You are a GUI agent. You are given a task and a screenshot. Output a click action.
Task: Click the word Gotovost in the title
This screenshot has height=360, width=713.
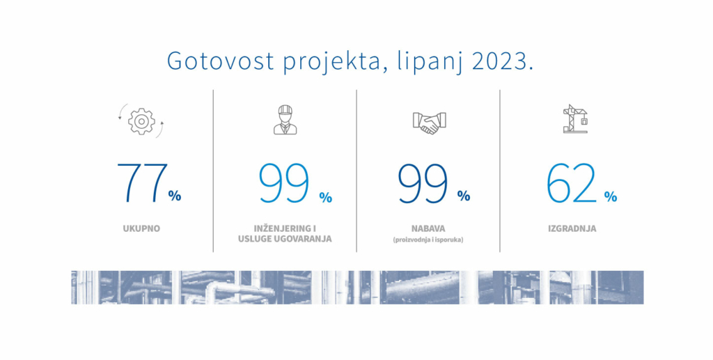(x=221, y=61)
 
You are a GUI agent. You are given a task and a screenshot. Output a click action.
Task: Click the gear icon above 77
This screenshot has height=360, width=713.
(x=141, y=121)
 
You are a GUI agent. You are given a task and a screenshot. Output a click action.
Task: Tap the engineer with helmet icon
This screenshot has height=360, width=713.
(x=285, y=120)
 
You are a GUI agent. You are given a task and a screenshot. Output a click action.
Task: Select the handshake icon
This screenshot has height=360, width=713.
(x=429, y=123)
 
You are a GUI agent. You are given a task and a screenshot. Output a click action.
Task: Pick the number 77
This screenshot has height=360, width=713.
(x=142, y=182)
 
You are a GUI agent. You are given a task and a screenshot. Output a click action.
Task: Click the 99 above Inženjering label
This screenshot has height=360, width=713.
(x=284, y=182)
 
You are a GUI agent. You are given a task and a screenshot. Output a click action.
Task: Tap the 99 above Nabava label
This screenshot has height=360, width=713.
(x=423, y=182)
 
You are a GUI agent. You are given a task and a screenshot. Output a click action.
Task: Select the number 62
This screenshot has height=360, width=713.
(x=571, y=182)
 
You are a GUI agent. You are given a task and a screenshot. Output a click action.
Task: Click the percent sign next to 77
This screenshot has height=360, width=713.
(x=175, y=196)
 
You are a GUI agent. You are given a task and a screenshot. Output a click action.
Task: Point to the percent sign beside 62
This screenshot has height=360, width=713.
(x=610, y=196)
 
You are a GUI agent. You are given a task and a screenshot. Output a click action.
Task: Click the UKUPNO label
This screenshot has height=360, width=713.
(x=141, y=228)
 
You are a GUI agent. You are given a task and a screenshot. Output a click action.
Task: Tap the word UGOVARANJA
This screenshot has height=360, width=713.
(x=303, y=239)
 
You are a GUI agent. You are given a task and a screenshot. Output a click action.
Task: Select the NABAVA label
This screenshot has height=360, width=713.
(x=428, y=228)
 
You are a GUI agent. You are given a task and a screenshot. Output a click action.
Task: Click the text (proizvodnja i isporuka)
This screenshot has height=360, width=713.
(x=428, y=240)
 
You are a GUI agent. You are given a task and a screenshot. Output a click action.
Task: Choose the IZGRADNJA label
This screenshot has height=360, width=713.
(x=572, y=228)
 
